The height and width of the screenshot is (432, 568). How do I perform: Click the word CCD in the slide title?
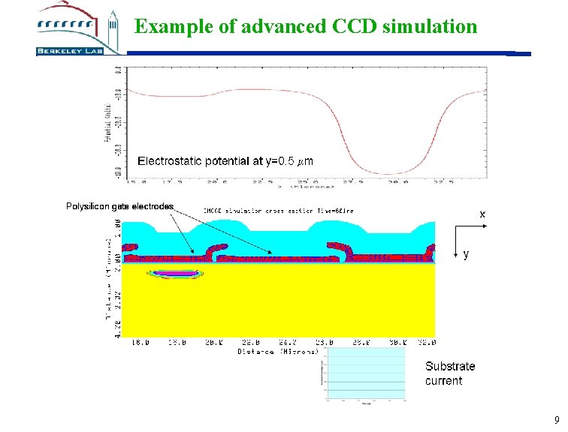click(355, 27)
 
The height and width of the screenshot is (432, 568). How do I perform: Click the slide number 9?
click(556, 420)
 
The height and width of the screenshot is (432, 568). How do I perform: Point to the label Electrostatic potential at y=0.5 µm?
click(225, 161)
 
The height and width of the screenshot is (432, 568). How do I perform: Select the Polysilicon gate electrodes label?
click(120, 206)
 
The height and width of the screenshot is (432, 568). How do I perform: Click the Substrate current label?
click(450, 373)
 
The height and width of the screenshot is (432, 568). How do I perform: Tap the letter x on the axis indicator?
click(482, 214)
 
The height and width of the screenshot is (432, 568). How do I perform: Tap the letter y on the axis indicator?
click(466, 255)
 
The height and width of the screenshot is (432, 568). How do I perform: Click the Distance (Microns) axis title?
click(279, 350)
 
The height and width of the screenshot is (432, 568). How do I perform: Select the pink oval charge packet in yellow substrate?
click(174, 275)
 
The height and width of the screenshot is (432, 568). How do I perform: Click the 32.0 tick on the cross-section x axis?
click(426, 342)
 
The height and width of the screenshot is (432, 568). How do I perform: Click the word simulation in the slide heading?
click(430, 27)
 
